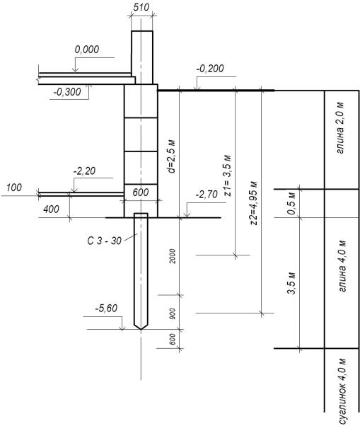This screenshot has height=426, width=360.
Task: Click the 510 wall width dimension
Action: [141, 7]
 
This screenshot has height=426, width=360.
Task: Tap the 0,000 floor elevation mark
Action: [87, 50]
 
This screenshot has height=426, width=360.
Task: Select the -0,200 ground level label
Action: [210, 69]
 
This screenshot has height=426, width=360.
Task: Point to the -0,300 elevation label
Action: [67, 92]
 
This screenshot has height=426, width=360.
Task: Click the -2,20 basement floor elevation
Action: [84, 171]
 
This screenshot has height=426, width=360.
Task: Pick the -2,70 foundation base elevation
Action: [207, 195]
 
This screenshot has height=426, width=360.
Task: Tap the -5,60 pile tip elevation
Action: [106, 309]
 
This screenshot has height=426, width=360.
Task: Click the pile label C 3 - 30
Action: [104, 241]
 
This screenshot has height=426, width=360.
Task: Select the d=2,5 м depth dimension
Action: [172, 157]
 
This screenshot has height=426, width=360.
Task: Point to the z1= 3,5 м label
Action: [228, 175]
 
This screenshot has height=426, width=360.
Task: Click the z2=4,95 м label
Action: [254, 202]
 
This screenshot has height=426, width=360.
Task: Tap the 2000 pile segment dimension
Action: [173, 256]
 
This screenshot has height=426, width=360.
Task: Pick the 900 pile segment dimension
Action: [173, 313]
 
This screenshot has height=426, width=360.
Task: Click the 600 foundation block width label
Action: [141, 192]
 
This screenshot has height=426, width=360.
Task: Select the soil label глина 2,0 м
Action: [340, 128]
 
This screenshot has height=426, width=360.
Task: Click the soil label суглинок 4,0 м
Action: [343, 391]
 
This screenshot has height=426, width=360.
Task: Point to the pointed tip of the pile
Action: [141, 329]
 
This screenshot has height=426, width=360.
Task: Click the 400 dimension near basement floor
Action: [52, 209]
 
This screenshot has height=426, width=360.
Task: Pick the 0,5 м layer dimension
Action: [291, 203]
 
